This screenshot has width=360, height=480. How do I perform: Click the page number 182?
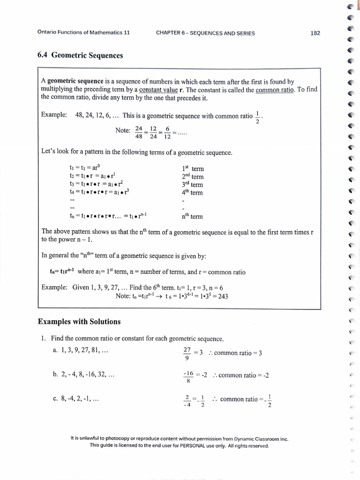point(315,33)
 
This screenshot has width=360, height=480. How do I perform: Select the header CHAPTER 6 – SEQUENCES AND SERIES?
point(206,33)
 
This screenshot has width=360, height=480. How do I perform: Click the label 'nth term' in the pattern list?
point(192,216)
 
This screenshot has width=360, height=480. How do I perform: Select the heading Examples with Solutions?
point(79,322)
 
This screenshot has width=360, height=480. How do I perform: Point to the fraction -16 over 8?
point(188,378)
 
